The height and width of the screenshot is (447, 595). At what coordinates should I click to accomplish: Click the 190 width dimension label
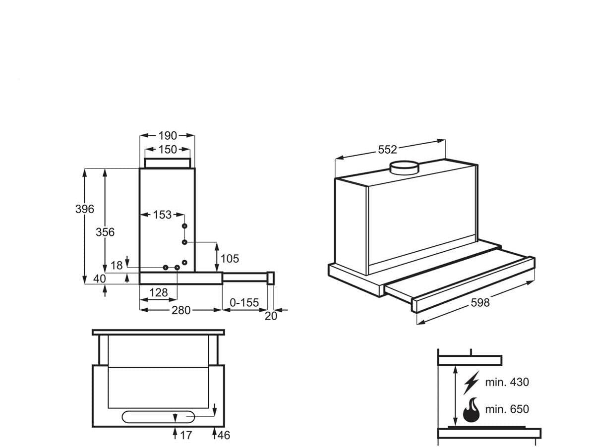[x=168, y=135]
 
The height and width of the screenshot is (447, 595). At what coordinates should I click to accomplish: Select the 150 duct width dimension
[x=168, y=149]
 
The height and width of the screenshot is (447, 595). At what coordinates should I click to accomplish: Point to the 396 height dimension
[x=84, y=209]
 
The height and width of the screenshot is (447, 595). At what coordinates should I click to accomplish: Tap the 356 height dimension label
[x=105, y=232]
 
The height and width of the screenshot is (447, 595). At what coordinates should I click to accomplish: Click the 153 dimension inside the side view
[x=162, y=215]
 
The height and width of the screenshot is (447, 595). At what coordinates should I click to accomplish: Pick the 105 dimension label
[x=230, y=258]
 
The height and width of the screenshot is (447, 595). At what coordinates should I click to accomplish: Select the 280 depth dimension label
[x=181, y=310]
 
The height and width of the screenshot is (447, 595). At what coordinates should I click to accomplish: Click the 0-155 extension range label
[x=245, y=302]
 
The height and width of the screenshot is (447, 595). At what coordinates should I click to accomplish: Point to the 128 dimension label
[x=158, y=292]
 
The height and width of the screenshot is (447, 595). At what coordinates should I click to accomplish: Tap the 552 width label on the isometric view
[x=388, y=149]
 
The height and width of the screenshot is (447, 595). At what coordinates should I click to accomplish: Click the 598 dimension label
[x=479, y=302]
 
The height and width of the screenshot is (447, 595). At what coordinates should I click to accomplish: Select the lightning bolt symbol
[x=471, y=383]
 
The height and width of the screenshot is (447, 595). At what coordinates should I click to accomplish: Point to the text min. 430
[x=507, y=382]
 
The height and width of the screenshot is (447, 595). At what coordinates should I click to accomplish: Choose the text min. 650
[x=507, y=409]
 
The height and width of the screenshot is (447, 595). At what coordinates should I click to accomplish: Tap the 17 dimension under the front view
[x=185, y=435]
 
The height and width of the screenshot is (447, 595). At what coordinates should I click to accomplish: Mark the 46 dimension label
[x=224, y=435]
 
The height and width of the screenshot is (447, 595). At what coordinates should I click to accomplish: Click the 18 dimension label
[x=117, y=266]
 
